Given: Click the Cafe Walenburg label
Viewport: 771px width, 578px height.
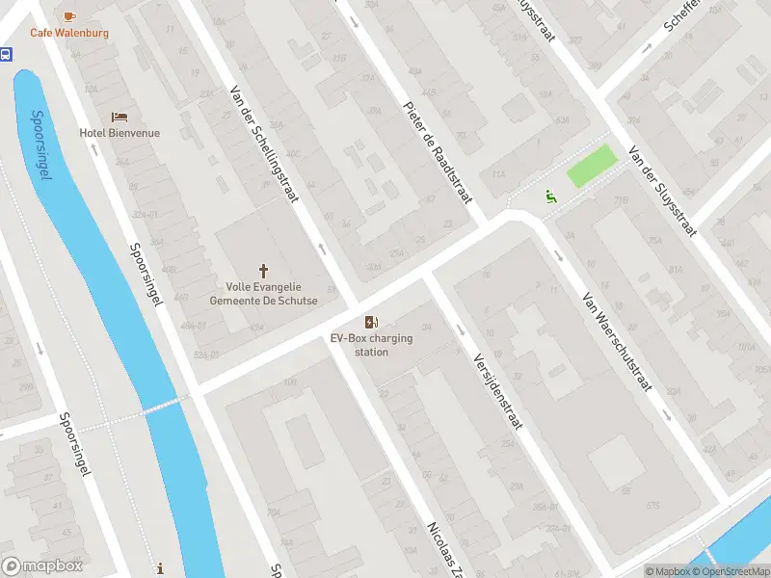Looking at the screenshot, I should tap(68, 33).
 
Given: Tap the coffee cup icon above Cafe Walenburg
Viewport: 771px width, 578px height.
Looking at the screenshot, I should tap(68, 15).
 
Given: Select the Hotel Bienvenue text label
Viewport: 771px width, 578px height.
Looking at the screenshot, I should tap(120, 133).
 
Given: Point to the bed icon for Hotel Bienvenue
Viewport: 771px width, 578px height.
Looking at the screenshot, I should tap(120, 117).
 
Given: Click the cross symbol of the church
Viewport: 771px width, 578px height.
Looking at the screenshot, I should tap(263, 271).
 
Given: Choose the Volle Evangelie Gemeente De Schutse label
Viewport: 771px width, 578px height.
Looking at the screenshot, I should tap(263, 293).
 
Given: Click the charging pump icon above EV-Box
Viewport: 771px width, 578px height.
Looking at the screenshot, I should tap(370, 322).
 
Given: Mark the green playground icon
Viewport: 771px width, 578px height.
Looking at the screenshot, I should tap(550, 197).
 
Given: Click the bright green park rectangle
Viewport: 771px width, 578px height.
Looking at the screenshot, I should tap(591, 165).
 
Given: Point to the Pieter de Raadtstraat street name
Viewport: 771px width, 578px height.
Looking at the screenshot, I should tap(439, 147).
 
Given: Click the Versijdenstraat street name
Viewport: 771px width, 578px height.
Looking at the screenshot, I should tap(496, 390).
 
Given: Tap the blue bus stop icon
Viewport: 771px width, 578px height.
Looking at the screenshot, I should tap(6, 55).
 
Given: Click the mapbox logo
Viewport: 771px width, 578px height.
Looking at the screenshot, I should tap(42, 566).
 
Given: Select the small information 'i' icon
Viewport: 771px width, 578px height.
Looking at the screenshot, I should tap(160, 569).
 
